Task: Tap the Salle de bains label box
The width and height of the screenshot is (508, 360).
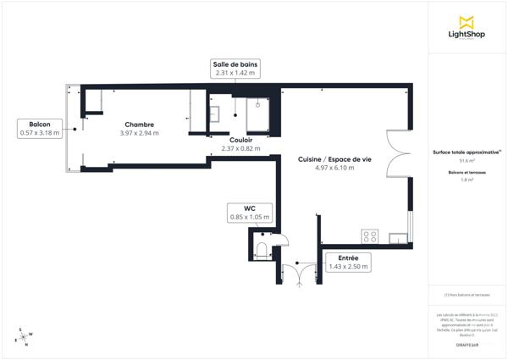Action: click(235, 69)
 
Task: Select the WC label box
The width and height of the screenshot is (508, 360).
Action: click(249, 213)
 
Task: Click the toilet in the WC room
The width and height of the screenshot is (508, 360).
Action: click(262, 249)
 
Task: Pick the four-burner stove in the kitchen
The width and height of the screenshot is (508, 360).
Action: click(370, 236)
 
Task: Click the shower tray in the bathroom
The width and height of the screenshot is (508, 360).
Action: click(257, 116)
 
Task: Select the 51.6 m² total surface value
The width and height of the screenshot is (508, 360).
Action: click(467, 160)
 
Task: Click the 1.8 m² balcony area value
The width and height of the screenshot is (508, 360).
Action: click(467, 180)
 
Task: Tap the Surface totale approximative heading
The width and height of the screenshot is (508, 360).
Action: click(467, 152)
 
